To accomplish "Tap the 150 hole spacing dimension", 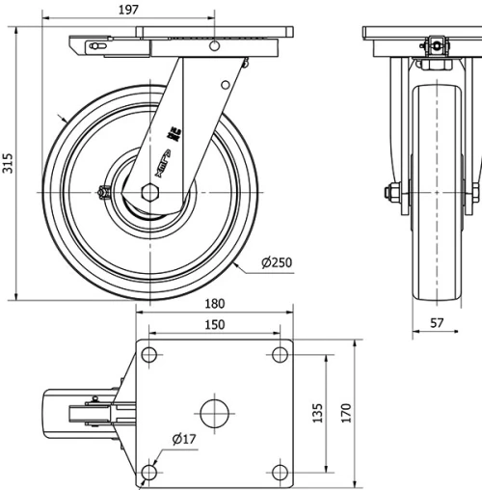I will tap(215, 325).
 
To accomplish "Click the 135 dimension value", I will tap(317, 413).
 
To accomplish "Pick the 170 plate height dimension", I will tap(345, 413).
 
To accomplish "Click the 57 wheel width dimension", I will tap(437, 323).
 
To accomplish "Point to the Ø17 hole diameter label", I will tap(185, 439).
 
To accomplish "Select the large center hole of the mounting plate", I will tap(213, 414).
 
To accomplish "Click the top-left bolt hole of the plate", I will tap(148, 355).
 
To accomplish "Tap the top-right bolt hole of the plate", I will tap(279, 355).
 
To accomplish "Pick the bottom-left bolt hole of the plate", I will tap(148, 472).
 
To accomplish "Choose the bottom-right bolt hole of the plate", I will tap(279, 472).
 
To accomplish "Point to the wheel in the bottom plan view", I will tap(67, 414).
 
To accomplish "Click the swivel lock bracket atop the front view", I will tap(435, 44).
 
